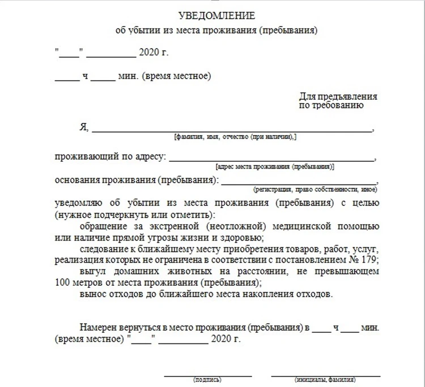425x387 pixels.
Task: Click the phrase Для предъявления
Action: (x=338, y=97)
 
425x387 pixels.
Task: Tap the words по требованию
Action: (x=331, y=105)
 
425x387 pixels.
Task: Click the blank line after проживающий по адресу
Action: (x=271, y=160)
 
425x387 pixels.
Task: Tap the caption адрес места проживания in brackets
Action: (x=275, y=167)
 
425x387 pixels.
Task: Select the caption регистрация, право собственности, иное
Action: (x=316, y=190)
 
